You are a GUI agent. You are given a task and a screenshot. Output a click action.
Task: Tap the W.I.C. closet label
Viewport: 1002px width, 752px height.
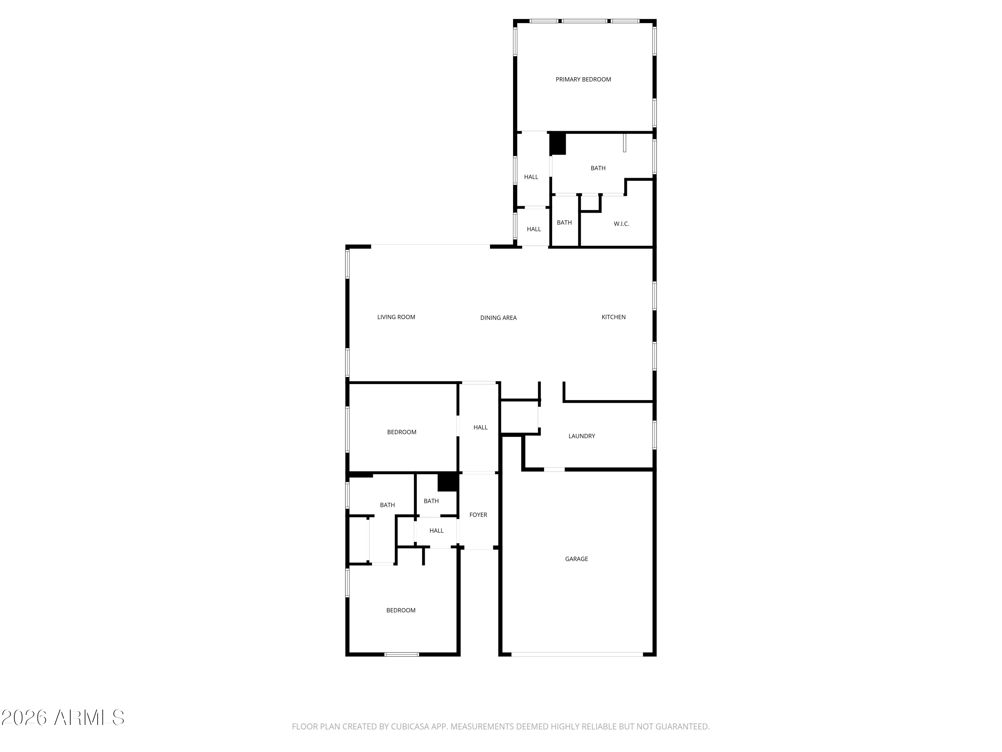coord(622,224)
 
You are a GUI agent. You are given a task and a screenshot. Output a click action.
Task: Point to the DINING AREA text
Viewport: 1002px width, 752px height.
coord(498,318)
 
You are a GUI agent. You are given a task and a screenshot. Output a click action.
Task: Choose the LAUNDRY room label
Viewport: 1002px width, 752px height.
coord(581,436)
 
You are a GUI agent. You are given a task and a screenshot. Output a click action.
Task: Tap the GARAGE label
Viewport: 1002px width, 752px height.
coord(576,559)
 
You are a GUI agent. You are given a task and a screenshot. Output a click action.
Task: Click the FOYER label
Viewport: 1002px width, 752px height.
coord(478,515)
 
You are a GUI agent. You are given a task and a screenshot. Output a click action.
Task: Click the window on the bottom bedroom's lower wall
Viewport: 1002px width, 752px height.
coord(401,654)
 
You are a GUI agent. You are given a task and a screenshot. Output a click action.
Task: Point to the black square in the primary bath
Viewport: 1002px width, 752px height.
coord(558,143)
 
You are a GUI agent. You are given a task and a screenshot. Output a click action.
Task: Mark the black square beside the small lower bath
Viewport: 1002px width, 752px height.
coord(448,482)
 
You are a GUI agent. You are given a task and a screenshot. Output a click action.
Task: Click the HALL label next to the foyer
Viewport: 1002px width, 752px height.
coord(436,531)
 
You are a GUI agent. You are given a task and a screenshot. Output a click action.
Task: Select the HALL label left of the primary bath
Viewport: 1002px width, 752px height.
coord(531,177)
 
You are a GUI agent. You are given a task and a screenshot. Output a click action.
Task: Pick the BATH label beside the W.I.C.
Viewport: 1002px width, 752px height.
coord(564,223)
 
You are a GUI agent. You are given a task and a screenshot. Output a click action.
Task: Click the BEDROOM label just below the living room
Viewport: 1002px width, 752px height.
coord(401,432)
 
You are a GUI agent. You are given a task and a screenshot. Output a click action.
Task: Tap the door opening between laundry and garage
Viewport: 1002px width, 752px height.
coord(554,469)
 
